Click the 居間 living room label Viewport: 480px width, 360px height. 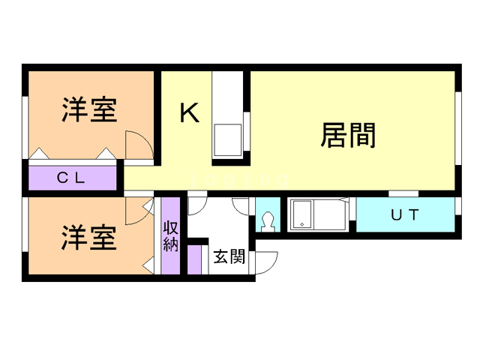pyautogui.click(x=347, y=135)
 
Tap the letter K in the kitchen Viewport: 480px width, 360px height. pyautogui.click(x=189, y=113)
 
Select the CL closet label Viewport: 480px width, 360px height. pyautogui.click(x=72, y=178)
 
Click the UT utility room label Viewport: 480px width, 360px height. pyautogui.click(x=405, y=214)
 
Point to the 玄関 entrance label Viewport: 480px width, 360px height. pyautogui.click(x=229, y=257)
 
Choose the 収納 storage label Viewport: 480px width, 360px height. pyautogui.click(x=171, y=234)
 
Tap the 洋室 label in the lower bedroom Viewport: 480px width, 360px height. pyautogui.click(x=88, y=238)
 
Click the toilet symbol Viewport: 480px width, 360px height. pyautogui.click(x=268, y=221)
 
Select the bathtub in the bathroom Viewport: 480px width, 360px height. pyautogui.click(x=315, y=215)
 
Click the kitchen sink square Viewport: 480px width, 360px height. pyautogui.click(x=227, y=139)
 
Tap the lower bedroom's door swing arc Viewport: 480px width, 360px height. pyautogui.click(x=136, y=212)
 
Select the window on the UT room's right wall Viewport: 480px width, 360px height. pyautogui.click(x=457, y=214)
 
